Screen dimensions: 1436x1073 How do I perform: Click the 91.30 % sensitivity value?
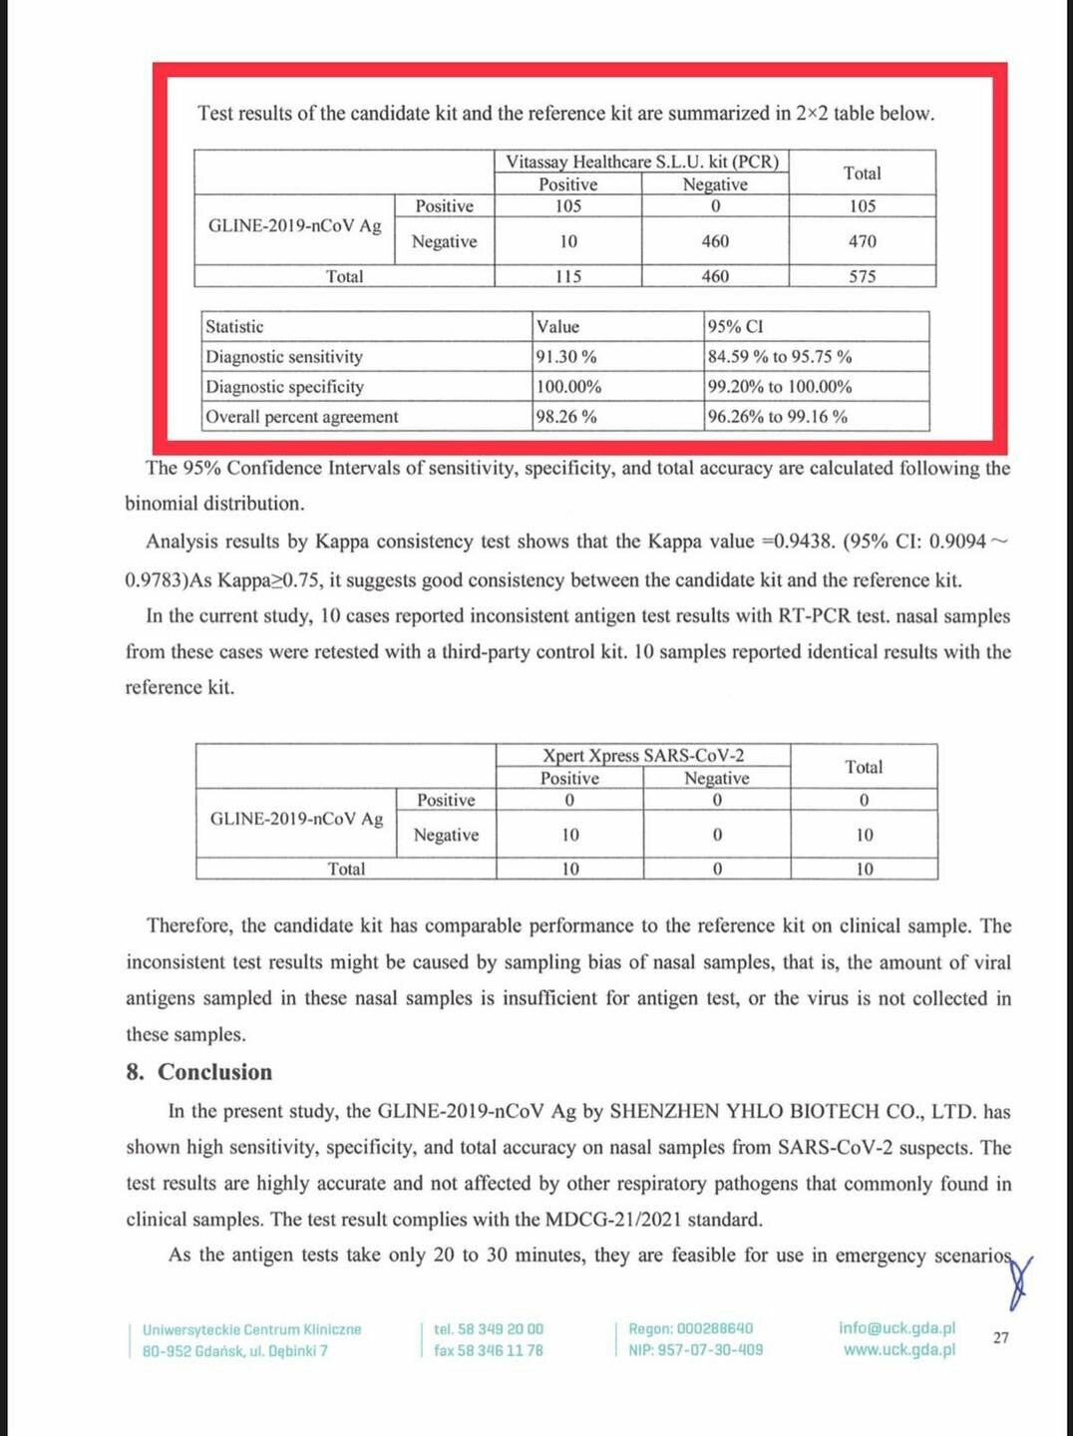(566, 357)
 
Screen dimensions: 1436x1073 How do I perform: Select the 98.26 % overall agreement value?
(566, 417)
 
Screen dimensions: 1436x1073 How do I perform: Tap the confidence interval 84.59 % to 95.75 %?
(780, 357)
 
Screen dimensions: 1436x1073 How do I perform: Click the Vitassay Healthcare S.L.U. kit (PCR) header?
(642, 162)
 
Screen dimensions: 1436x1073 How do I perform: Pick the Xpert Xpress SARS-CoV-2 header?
(643, 756)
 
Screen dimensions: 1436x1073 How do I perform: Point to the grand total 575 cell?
(863, 276)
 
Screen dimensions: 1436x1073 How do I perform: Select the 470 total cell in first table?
(863, 241)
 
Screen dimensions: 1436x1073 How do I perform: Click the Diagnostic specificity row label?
(285, 387)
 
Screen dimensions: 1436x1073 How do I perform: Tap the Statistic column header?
(235, 327)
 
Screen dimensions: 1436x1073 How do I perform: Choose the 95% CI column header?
(736, 327)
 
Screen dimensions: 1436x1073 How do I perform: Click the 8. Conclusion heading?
(199, 1072)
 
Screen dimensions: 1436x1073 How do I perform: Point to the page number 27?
(1001, 1338)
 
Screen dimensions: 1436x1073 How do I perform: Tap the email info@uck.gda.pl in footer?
(896, 1328)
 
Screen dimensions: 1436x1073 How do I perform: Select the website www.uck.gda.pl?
(899, 1350)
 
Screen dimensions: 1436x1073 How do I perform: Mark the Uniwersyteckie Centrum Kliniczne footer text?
(252, 1330)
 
